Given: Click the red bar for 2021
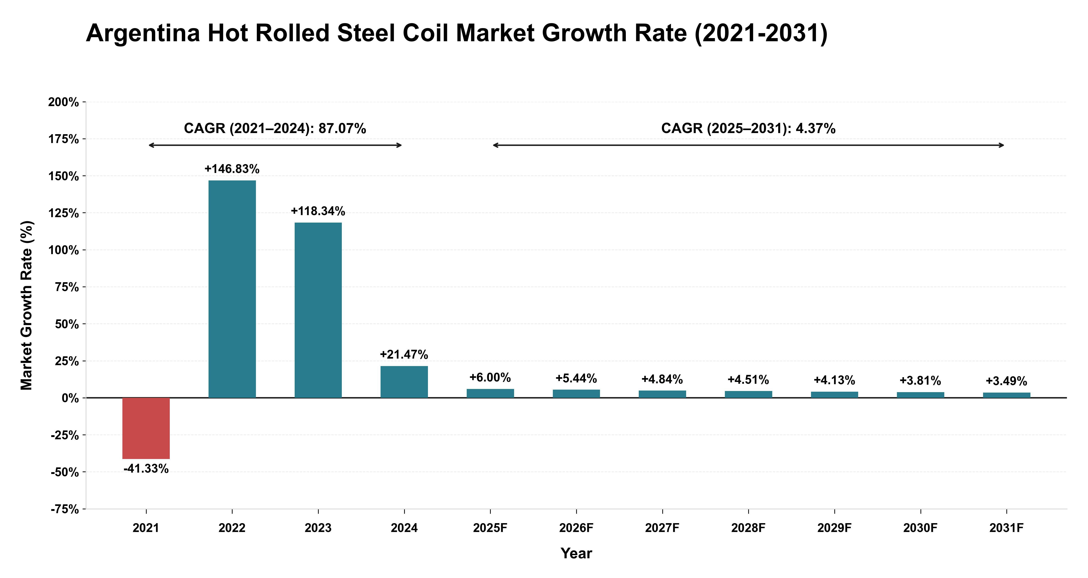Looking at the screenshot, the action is pyautogui.click(x=146, y=428).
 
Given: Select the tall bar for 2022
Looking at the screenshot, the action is pyautogui.click(x=232, y=289).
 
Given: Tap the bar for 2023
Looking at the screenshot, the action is pyautogui.click(x=318, y=310).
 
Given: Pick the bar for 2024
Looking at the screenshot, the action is pyautogui.click(x=404, y=382).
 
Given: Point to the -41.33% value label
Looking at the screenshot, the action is pyautogui.click(x=146, y=469).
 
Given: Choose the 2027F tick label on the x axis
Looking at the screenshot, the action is pyautogui.click(x=662, y=528).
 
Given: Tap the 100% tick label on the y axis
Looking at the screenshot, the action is pyautogui.click(x=63, y=250).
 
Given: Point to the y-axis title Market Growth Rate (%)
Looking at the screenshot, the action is pyautogui.click(x=26, y=305).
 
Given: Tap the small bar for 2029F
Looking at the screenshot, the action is pyautogui.click(x=835, y=395).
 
